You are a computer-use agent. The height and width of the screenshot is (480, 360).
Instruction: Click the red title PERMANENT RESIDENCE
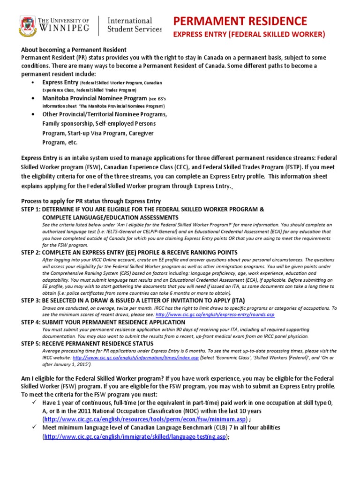[x=240, y=21]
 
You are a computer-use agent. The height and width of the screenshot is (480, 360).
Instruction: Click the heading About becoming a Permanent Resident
[x=74, y=50]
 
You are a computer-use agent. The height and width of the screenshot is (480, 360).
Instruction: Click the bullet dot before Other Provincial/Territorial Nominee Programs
[x=32, y=114]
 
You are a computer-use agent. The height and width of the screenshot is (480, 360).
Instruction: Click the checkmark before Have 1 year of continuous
[x=32, y=402]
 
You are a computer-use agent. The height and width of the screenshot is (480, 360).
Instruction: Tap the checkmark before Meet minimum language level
[x=32, y=427]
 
